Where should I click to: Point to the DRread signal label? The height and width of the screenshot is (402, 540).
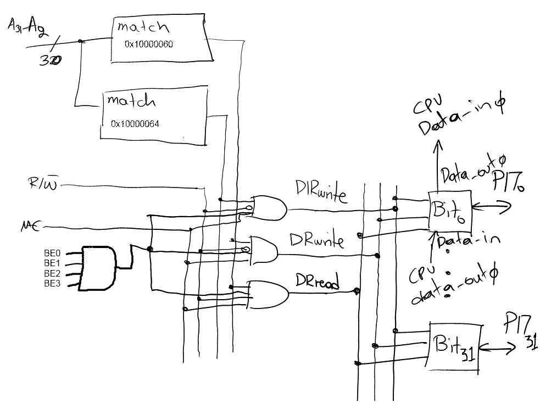tap(317, 281)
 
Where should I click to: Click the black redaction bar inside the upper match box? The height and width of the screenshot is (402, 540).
tap(156, 46)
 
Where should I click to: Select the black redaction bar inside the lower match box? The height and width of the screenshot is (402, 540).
tap(154, 125)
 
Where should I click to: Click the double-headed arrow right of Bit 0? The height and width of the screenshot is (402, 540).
tap(491, 207)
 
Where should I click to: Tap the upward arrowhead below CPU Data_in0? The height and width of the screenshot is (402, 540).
tap(438, 146)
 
